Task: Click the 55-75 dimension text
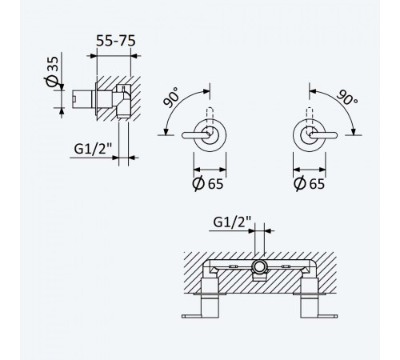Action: (x=116, y=41)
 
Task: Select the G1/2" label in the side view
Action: (x=93, y=149)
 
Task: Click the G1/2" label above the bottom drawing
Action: (x=232, y=222)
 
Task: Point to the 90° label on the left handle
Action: (x=171, y=98)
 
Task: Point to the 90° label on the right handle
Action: (x=347, y=98)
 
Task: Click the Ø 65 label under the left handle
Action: (x=208, y=183)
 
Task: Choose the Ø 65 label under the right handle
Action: (x=310, y=183)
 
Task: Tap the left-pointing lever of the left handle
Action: (x=196, y=135)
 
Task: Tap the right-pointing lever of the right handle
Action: (x=323, y=135)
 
